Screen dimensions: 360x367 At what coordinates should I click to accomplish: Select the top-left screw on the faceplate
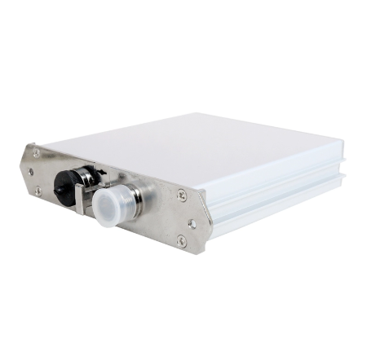coord(36,152)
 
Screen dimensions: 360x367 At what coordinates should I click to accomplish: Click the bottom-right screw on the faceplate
coord(181,240)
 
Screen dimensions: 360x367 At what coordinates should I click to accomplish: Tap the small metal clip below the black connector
coord(80,200)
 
